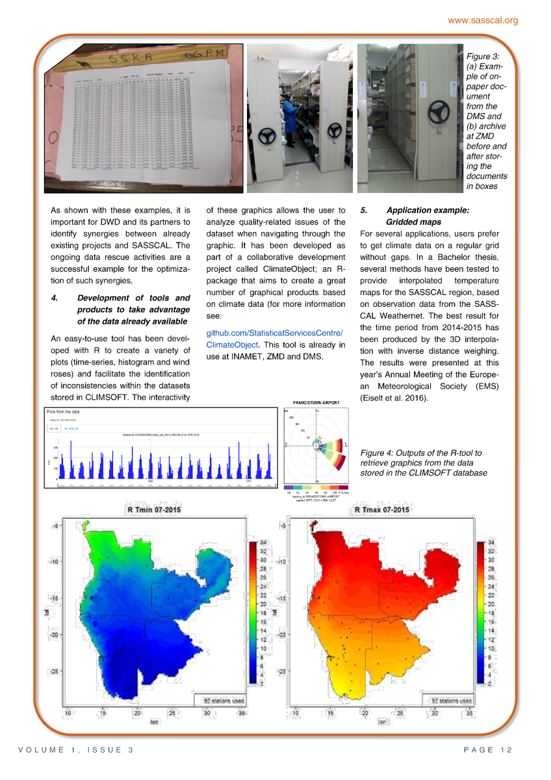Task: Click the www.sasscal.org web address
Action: point(483,20)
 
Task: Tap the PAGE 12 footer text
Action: point(488,751)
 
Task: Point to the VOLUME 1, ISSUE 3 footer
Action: point(76,751)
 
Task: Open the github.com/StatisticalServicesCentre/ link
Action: point(274,333)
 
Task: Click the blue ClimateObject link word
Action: point(232,344)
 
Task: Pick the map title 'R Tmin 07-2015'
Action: point(154,510)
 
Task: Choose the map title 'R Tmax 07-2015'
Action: point(382,510)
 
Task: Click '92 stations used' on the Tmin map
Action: point(224,701)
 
